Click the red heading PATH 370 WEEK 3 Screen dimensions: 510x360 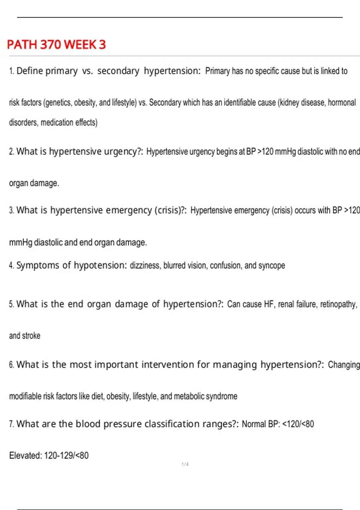coord(56,45)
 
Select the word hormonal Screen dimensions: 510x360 coord(342,103)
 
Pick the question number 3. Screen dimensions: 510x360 coord(11,211)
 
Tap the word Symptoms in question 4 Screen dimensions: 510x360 coord(38,265)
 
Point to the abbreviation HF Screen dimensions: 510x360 coord(269,304)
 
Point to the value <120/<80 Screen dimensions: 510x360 coord(298,424)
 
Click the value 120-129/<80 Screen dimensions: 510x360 coord(66,456)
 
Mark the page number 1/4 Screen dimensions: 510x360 coord(185,464)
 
